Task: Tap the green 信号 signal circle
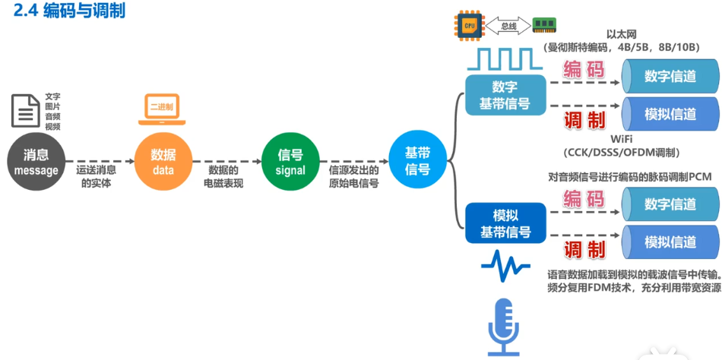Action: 290,162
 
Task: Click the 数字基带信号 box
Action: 505,95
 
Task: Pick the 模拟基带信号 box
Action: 505,223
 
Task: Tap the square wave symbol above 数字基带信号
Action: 505,58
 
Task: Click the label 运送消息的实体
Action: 97,176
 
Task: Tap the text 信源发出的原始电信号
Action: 353,176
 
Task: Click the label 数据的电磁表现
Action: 223,176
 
